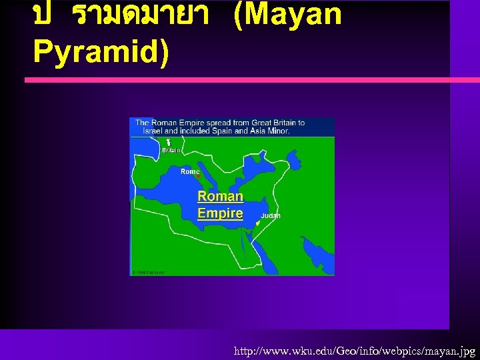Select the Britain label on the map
(171, 151)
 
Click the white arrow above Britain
(169, 142)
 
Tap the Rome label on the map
(190, 171)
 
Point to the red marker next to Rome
(198, 176)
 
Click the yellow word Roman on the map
(220, 197)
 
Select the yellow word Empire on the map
(220, 213)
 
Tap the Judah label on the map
(270, 216)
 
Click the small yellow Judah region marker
(257, 224)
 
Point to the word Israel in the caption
(155, 131)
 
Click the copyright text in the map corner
(148, 272)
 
